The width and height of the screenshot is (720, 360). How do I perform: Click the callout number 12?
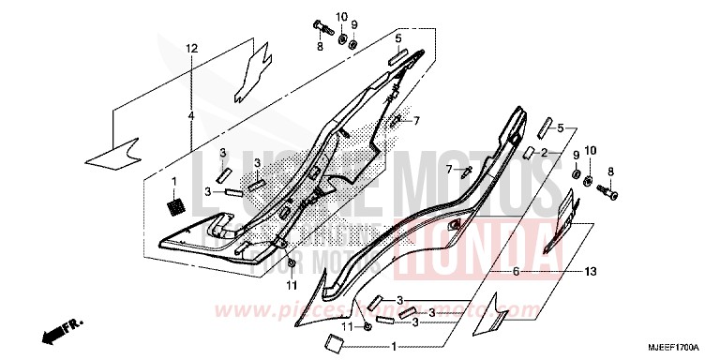click(191, 48)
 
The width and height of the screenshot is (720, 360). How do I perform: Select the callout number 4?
click(191, 115)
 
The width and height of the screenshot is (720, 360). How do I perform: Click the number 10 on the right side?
click(591, 151)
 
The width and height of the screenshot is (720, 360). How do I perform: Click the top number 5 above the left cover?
click(397, 38)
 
